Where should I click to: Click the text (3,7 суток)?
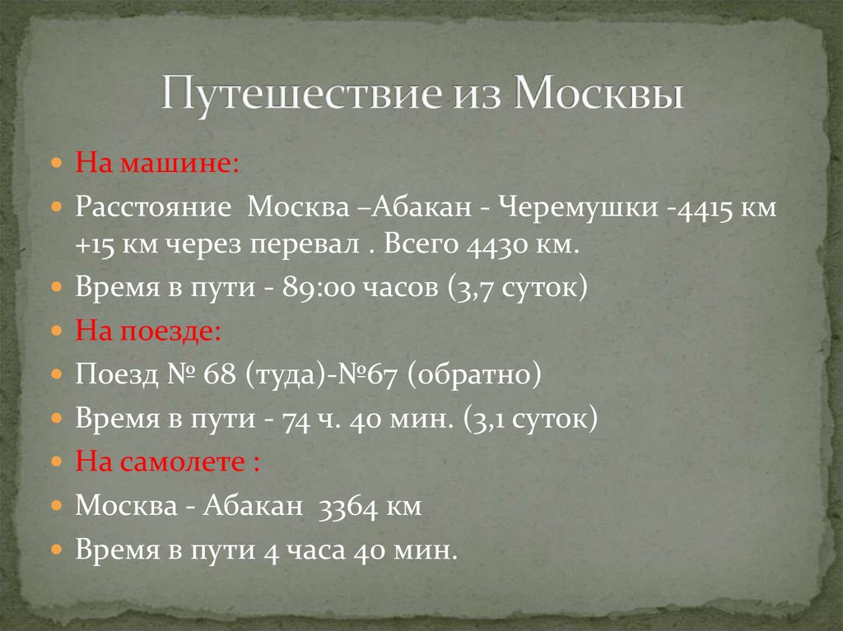click(x=518, y=289)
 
